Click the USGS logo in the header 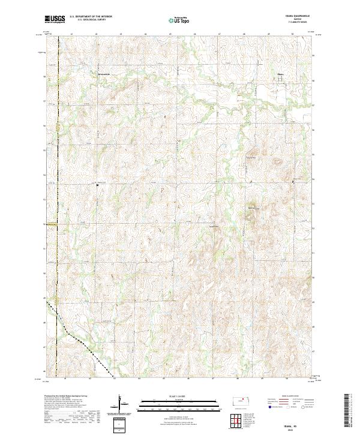[x=53, y=19]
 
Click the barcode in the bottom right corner [x=351, y=414]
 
